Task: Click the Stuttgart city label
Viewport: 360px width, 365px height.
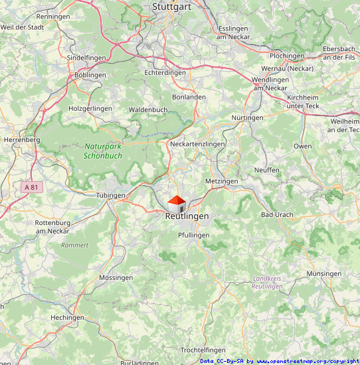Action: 172,7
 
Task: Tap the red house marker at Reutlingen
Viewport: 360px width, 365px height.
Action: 176,204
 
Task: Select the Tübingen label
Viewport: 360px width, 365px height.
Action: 110,195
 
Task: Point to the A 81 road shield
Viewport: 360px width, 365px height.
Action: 31,187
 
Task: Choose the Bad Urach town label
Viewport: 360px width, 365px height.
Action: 277,215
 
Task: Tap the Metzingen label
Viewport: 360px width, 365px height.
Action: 222,181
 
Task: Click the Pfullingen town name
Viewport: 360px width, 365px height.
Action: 194,235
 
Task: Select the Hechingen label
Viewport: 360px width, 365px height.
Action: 68,317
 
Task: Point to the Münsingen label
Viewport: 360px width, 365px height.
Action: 324,273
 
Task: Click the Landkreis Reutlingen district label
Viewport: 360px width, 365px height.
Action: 268,282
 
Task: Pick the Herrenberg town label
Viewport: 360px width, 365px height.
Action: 22,140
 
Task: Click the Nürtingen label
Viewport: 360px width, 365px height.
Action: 247,117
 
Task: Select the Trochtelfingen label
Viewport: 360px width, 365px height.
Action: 203,350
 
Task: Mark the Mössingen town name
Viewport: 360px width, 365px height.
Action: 116,277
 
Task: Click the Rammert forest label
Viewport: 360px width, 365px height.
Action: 74,245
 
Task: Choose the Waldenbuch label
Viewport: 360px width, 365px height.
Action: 148,109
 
